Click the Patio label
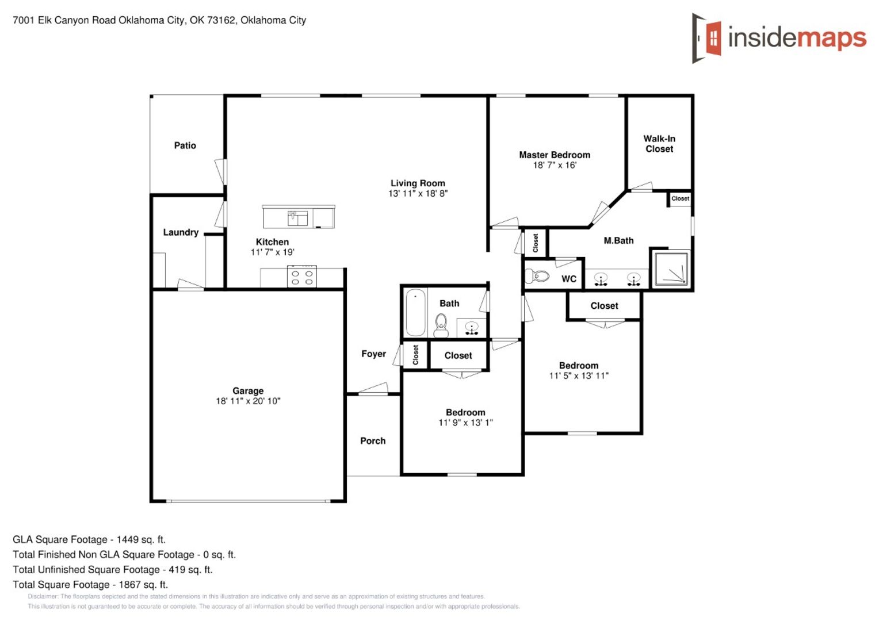pos(185,145)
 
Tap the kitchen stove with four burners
pos(302,277)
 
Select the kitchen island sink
pos(298,218)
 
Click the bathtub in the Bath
pos(415,312)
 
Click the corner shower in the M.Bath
pos(671,268)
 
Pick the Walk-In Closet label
pos(659,144)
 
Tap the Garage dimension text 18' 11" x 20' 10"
pos(248,401)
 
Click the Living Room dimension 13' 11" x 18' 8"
pos(418,193)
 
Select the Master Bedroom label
pos(555,155)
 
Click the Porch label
pos(373,441)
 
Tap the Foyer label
pos(373,354)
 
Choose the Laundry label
pos(181,232)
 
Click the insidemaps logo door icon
pos(707,38)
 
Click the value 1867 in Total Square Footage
pos(130,585)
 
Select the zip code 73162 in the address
pos(220,20)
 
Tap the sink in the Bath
pos(471,328)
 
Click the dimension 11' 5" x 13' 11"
pos(579,376)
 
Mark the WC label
pos(568,279)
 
